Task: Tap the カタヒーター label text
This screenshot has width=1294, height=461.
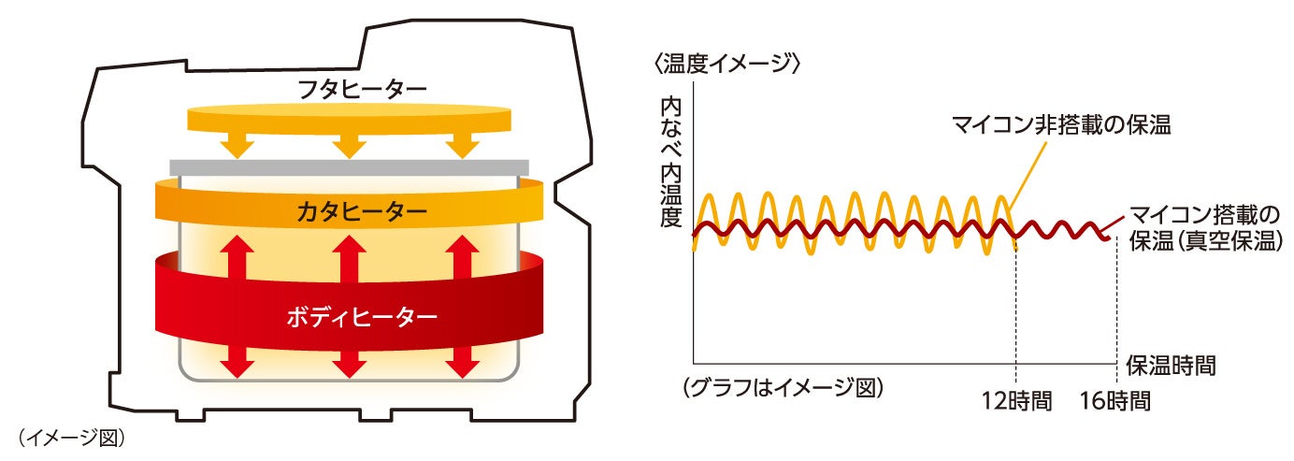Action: [349, 212]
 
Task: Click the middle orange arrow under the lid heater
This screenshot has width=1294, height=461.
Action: [349, 143]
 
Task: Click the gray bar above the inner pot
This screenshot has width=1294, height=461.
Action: [349, 167]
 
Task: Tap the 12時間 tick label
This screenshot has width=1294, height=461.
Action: [1017, 402]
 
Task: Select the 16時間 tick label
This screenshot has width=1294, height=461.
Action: [1114, 402]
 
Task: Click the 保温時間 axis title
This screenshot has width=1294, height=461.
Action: [1171, 365]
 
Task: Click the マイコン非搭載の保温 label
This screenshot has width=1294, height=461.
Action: [1061, 124]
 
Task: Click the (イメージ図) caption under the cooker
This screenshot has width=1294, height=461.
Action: [71, 437]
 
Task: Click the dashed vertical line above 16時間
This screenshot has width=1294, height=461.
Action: [1116, 309]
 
